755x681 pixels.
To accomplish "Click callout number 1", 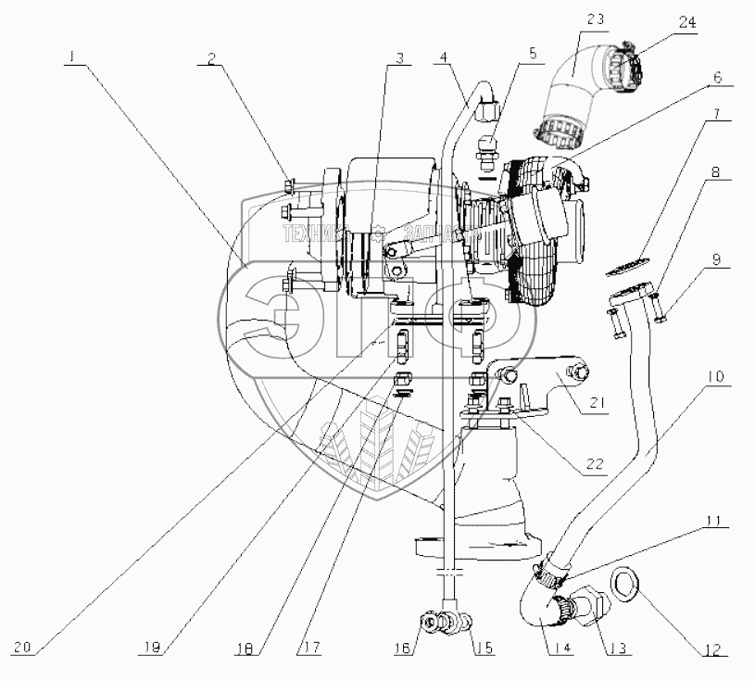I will pyautogui.click(x=70, y=57).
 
